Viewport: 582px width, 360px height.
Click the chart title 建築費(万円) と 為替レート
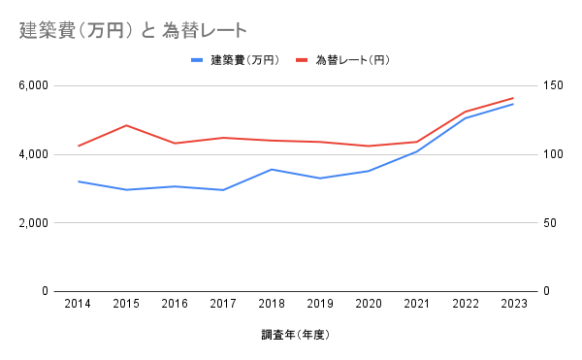(x=133, y=31)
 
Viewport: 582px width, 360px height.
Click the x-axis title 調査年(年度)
(x=296, y=336)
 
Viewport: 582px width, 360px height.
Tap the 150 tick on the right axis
(x=553, y=85)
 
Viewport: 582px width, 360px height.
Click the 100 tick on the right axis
(x=553, y=154)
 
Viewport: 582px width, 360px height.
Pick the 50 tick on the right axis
(x=550, y=223)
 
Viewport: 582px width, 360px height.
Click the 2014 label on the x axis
(x=78, y=305)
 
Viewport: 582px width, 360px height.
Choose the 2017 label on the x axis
(x=222, y=305)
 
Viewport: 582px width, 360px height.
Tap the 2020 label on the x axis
(x=368, y=305)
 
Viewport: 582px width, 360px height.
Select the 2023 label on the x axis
(x=512, y=305)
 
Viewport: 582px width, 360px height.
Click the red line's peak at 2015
(x=126, y=125)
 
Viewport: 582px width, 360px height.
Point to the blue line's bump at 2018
(x=271, y=169)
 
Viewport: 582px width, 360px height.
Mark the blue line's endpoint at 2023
(x=512, y=103)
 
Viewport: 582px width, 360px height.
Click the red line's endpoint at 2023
(x=512, y=98)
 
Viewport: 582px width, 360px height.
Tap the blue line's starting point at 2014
(x=78, y=181)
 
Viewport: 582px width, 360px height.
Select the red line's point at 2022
(x=464, y=112)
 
